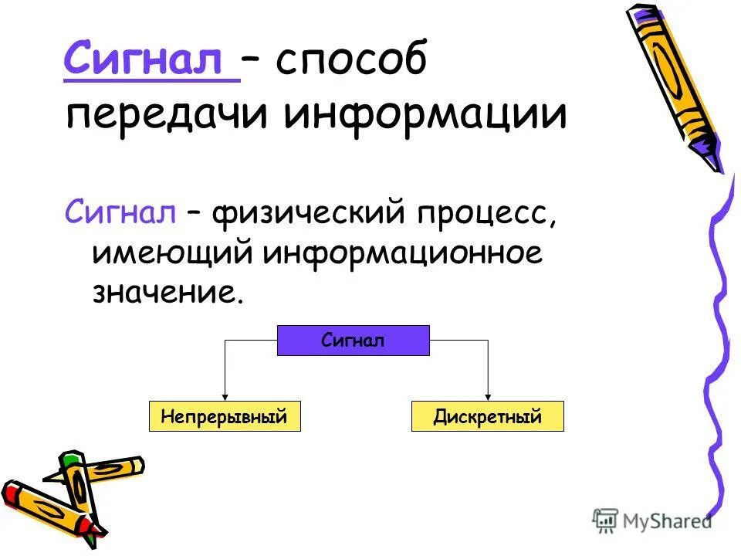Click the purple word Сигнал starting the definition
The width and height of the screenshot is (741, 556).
click(120, 212)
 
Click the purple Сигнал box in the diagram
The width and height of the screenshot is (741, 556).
click(353, 341)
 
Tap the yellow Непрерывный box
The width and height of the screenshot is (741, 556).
click(224, 417)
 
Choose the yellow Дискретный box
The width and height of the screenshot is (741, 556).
click(488, 417)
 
